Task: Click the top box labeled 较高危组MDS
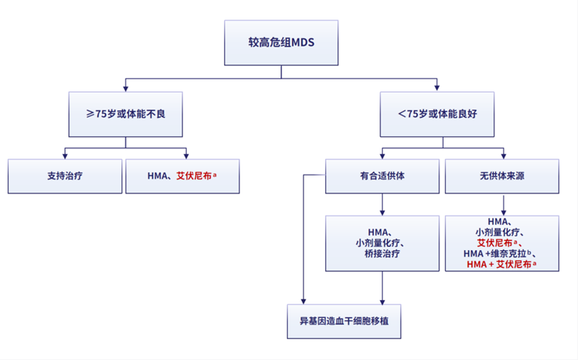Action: [281, 43]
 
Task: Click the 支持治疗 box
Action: [65, 176]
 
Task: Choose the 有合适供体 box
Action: [382, 176]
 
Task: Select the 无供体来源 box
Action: [501, 176]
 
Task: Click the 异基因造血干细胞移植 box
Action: [345, 322]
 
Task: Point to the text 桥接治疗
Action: [382, 254]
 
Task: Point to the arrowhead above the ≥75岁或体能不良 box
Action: [125, 88]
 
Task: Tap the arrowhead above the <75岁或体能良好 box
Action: [437, 88]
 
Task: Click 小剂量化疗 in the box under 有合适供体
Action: [382, 243]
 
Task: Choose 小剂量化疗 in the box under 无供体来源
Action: [500, 232]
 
